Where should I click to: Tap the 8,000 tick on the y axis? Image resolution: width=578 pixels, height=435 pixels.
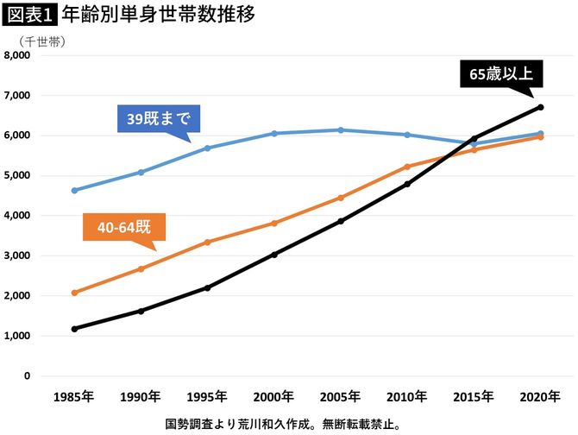pos(17,56)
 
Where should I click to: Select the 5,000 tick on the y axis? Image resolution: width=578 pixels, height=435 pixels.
pos(17,176)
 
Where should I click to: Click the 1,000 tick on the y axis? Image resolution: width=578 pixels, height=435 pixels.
pos(17,336)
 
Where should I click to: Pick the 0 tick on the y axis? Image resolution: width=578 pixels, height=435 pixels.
pos(28,376)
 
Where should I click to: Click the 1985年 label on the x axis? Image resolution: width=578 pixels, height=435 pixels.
pos(75,397)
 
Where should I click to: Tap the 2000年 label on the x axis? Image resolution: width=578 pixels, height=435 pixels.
pos(273,397)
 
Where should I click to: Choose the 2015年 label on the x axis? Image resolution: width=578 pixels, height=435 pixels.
pos(473,397)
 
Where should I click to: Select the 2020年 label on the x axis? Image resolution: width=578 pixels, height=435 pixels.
pos(539,397)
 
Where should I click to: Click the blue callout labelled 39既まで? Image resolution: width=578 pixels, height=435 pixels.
pos(158,119)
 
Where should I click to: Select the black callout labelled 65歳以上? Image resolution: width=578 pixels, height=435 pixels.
pos(502,75)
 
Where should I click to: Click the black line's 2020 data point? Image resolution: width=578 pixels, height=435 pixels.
pos(540,107)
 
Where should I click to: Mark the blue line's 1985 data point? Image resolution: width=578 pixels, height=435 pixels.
pos(75,191)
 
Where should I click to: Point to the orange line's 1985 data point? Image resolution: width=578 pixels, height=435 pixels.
pos(75,293)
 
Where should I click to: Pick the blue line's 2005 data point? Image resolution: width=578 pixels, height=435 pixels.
pos(341,130)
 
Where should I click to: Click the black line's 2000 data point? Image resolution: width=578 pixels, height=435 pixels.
pos(274,255)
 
